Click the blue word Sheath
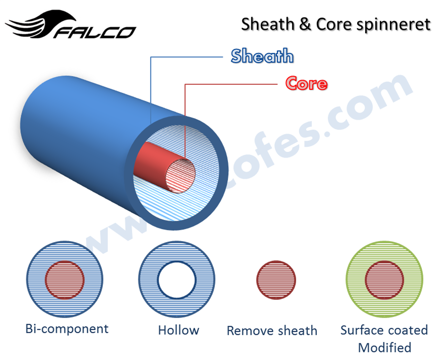pyautogui.click(x=262, y=56)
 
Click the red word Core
pyautogui.click(x=306, y=83)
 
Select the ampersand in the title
pyautogui.click(x=305, y=24)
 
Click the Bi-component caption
pyautogui.click(x=67, y=329)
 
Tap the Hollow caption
pyautogui.click(x=179, y=331)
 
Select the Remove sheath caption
pyautogui.click(x=272, y=331)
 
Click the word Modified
pyautogui.click(x=384, y=347)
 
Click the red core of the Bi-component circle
pyautogui.click(x=65, y=280)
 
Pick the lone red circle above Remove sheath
pyautogui.click(x=276, y=280)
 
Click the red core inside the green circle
pyautogui.click(x=384, y=280)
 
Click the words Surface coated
pyautogui.click(x=384, y=330)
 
